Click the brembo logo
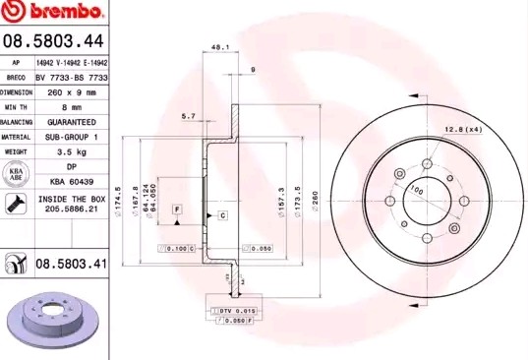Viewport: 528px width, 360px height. coord(53,13)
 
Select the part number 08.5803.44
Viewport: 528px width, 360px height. coord(53,40)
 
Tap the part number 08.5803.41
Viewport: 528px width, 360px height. coord(70,265)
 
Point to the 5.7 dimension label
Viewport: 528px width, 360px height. coord(188,116)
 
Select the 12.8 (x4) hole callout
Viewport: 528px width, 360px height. coord(462,129)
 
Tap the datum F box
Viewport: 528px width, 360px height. coord(178,210)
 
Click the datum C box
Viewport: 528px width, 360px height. coord(222,214)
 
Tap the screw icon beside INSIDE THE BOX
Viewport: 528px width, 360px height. coord(16,204)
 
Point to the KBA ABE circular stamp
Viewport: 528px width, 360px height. coord(17,175)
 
